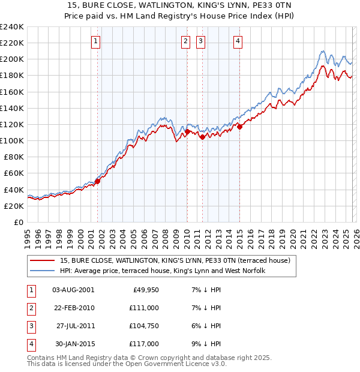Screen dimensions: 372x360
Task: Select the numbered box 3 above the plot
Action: point(200,41)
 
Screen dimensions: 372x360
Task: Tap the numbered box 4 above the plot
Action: point(238,41)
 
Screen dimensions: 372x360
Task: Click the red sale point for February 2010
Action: point(187,131)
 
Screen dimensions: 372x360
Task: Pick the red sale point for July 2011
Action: point(202,137)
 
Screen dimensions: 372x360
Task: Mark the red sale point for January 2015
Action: point(239,127)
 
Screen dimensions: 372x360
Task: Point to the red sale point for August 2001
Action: point(97,181)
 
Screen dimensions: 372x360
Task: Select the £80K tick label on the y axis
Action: point(13,157)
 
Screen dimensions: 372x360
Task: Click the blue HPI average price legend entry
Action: point(162,271)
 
